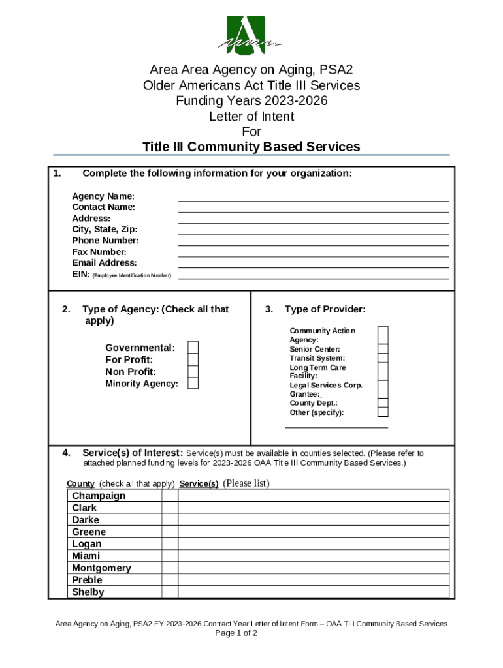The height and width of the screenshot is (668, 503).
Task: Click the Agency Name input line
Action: tap(313, 197)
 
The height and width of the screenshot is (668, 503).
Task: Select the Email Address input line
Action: tap(313, 264)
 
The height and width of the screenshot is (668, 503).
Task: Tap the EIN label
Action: tap(80, 275)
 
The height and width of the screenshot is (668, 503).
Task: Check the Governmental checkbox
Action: tap(193, 348)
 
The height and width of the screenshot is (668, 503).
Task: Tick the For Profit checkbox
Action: tap(193, 360)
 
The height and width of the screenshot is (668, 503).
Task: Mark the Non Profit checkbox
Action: tap(193, 372)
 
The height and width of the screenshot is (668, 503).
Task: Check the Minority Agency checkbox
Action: tap(193, 384)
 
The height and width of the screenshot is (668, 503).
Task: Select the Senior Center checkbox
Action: tap(383, 349)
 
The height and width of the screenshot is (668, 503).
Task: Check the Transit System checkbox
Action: tap(383, 358)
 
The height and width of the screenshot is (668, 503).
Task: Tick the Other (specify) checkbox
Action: tap(383, 412)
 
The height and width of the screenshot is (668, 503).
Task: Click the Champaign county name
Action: tap(99, 496)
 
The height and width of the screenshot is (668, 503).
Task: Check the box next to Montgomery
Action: tap(170, 568)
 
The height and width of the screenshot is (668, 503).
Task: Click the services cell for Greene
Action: tap(314, 532)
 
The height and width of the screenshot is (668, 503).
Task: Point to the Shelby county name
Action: tap(88, 592)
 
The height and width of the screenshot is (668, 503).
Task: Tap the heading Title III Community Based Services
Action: tap(252, 147)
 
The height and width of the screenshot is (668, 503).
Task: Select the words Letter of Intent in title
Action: tap(252, 117)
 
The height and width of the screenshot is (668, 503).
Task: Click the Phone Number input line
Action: tap(313, 241)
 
